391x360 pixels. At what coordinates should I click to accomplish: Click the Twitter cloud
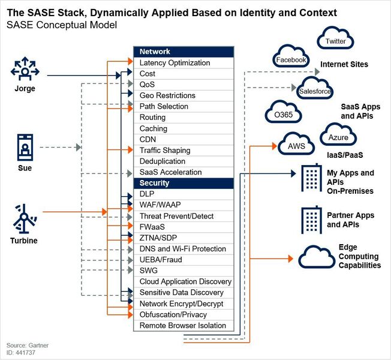coord(335,41)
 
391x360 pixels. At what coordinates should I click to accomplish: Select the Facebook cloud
coord(291,59)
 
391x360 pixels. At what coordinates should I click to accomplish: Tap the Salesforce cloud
coord(315,91)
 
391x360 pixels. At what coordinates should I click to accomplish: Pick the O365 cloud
coord(279,114)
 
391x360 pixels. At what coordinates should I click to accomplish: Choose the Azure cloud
coord(338,137)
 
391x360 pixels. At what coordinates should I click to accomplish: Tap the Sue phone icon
coord(25,148)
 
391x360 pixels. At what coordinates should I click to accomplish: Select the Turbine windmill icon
coord(24,220)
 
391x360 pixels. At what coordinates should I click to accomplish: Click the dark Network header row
coord(183,52)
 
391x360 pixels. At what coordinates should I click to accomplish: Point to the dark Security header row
coord(183,183)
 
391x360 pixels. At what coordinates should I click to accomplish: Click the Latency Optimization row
coord(183,63)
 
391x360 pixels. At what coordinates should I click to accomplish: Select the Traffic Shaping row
coord(183,151)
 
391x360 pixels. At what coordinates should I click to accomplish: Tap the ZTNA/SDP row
coord(183,238)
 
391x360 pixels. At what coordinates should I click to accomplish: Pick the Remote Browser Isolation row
coord(183,326)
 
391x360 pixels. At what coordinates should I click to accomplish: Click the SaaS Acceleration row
coord(183,172)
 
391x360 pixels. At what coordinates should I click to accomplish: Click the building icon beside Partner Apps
coord(311,220)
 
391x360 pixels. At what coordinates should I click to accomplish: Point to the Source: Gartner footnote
coord(28,346)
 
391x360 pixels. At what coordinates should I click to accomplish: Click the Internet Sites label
coord(344,64)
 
